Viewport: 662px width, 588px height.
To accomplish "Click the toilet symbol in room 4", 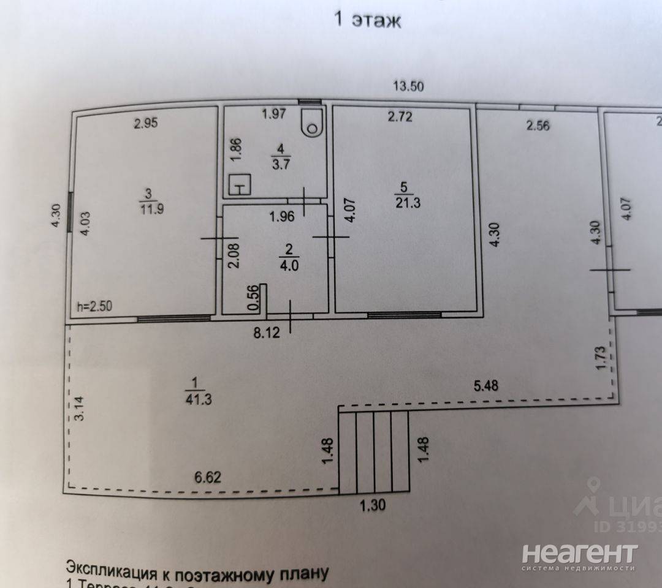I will click(313, 123).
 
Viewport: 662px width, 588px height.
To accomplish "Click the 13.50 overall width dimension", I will click(408, 86).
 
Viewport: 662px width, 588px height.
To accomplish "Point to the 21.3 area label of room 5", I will click(403, 203).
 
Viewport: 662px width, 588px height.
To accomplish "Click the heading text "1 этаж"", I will click(367, 20).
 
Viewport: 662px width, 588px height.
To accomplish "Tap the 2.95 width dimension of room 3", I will click(146, 123).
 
